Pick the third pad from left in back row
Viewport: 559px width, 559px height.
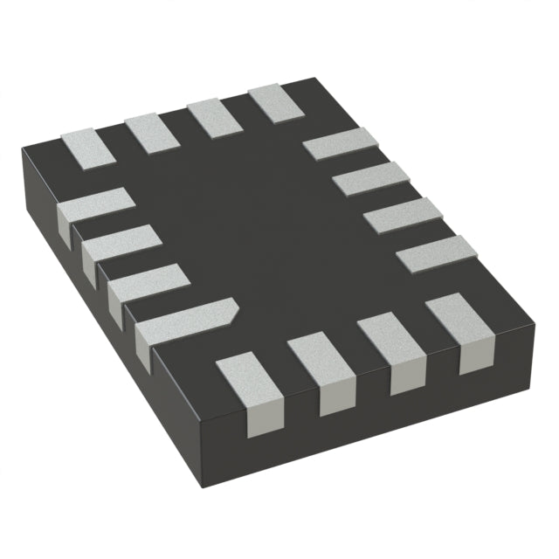pos(214,116)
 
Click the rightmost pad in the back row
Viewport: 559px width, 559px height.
pos(276,102)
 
